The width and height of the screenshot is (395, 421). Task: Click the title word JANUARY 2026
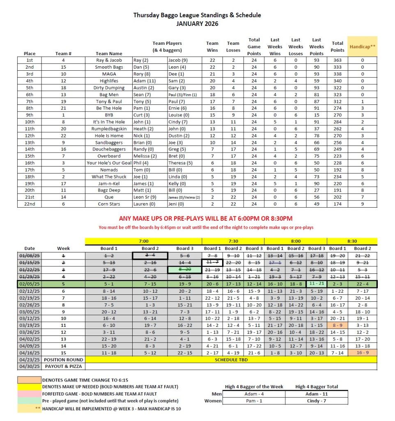(197, 23)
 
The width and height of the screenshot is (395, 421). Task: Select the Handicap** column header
(362, 46)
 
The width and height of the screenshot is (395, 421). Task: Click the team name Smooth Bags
(109, 67)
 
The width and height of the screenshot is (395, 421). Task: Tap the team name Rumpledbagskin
(109, 129)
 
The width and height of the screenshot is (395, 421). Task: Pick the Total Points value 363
(337, 60)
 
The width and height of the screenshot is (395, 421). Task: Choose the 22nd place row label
(30, 204)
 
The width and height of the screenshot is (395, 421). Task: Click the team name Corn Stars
(109, 204)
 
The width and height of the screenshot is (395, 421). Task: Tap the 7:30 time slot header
(233, 241)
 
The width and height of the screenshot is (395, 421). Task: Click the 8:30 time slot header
(351, 241)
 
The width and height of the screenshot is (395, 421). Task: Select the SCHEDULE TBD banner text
(231, 359)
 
